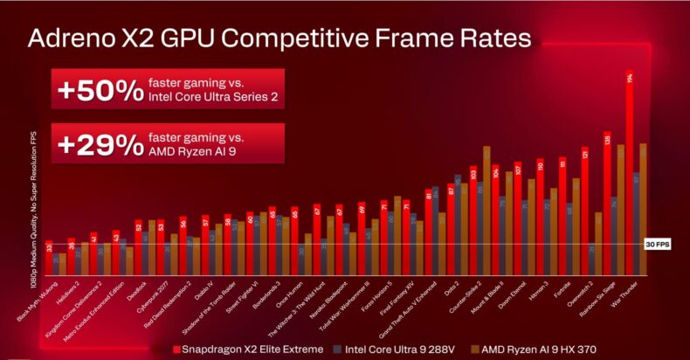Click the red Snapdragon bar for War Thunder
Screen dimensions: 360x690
pyautogui.click(x=630, y=175)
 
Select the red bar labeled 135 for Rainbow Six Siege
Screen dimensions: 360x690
pyautogui.click(x=607, y=201)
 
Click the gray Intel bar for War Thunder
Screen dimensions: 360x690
pyautogui.click(x=637, y=218)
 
